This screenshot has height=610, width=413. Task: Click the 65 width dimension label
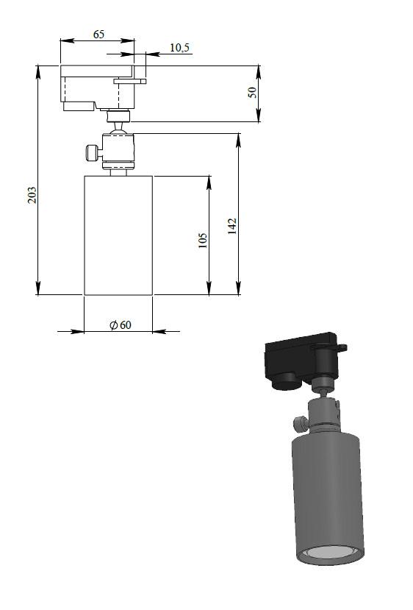click(x=98, y=35)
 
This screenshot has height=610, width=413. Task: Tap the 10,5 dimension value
click(x=179, y=48)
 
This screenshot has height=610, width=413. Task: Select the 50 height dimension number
click(x=253, y=92)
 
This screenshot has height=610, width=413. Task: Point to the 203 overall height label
click(x=32, y=195)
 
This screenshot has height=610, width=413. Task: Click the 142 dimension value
click(x=232, y=226)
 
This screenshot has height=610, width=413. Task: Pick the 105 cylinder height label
click(x=202, y=241)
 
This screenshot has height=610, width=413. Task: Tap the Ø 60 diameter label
click(x=121, y=324)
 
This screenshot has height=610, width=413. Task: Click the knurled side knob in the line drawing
click(x=91, y=152)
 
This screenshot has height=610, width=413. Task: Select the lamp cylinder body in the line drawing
click(x=118, y=235)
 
